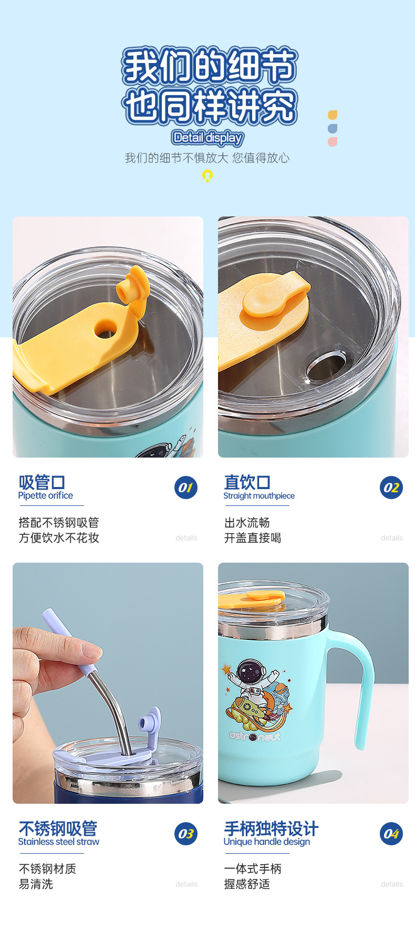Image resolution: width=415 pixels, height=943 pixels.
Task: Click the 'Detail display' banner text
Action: (x=207, y=138)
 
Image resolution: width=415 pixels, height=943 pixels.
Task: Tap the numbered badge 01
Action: (x=186, y=488)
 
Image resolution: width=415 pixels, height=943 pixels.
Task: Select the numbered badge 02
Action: (x=391, y=488)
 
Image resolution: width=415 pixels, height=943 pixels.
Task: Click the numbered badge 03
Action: (x=186, y=834)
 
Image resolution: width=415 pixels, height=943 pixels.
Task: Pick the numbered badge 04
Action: (x=391, y=834)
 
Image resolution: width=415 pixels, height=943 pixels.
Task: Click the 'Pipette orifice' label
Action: (x=46, y=495)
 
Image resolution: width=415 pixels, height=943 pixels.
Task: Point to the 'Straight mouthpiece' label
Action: (x=259, y=495)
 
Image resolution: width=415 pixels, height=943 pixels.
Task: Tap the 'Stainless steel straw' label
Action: (x=59, y=842)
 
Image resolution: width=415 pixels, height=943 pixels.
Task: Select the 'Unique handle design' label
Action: (x=267, y=842)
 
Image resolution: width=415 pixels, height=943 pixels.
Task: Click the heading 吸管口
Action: (x=42, y=482)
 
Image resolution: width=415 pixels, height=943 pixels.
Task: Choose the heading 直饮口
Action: (x=247, y=482)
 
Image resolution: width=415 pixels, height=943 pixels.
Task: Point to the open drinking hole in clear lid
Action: (x=326, y=367)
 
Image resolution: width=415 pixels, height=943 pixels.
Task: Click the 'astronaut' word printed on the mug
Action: (x=255, y=737)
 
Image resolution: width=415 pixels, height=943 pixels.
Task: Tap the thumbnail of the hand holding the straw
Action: (x=108, y=683)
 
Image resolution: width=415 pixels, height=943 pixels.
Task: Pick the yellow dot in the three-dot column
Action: (x=333, y=115)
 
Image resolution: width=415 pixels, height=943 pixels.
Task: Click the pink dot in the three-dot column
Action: (x=333, y=142)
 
